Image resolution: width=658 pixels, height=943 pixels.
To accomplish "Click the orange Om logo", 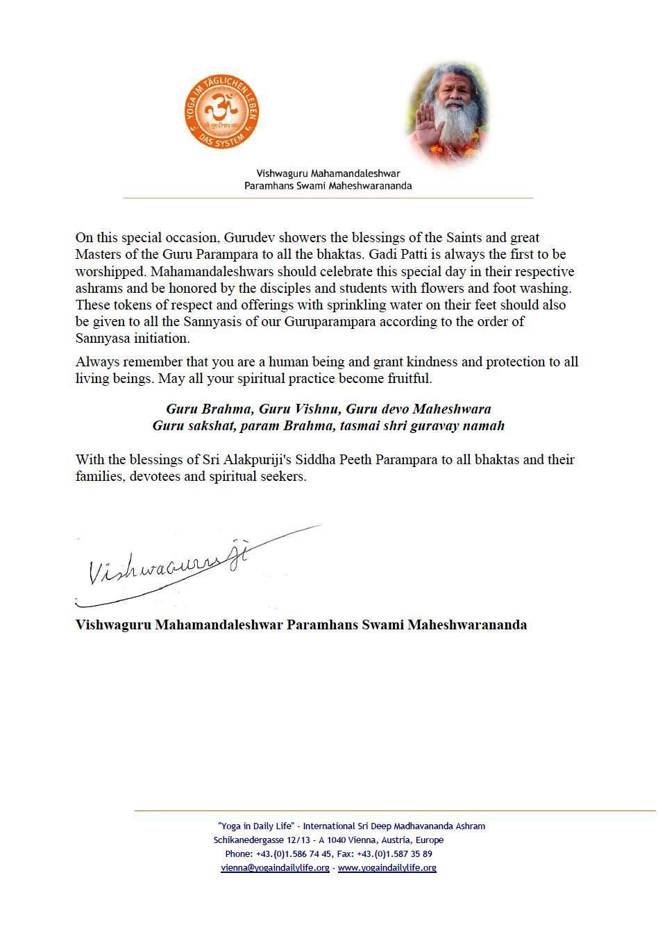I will [x=221, y=112].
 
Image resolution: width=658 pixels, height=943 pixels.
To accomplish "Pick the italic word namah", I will [x=484, y=426].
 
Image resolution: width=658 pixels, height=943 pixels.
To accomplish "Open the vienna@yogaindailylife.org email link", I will [x=275, y=868].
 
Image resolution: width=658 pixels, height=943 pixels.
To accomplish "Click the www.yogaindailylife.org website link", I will [x=387, y=868].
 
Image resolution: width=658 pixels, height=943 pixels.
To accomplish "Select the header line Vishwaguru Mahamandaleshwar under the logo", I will [x=328, y=173].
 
